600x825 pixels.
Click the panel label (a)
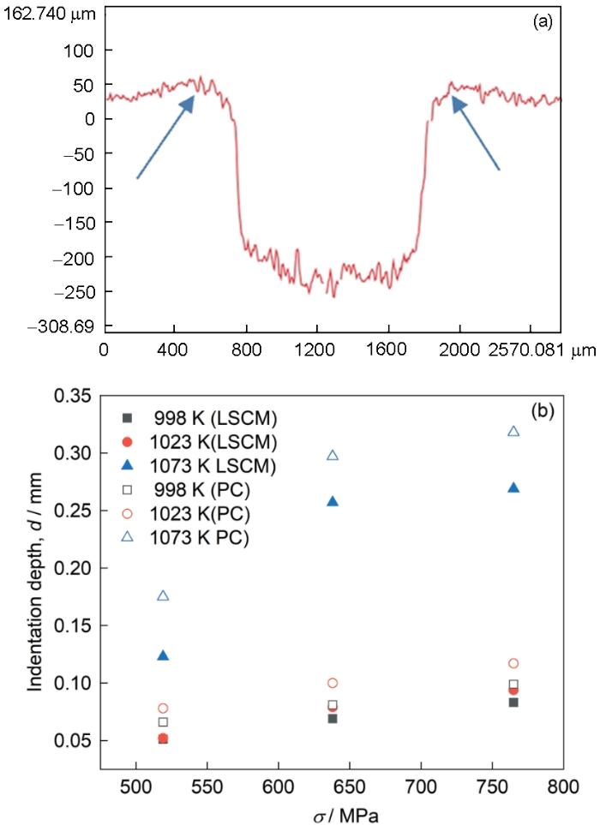(x=543, y=23)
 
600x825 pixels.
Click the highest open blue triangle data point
(x=513, y=431)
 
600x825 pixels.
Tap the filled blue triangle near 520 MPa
(x=139, y=655)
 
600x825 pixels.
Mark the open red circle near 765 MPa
(x=513, y=663)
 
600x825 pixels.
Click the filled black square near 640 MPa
(x=333, y=718)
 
